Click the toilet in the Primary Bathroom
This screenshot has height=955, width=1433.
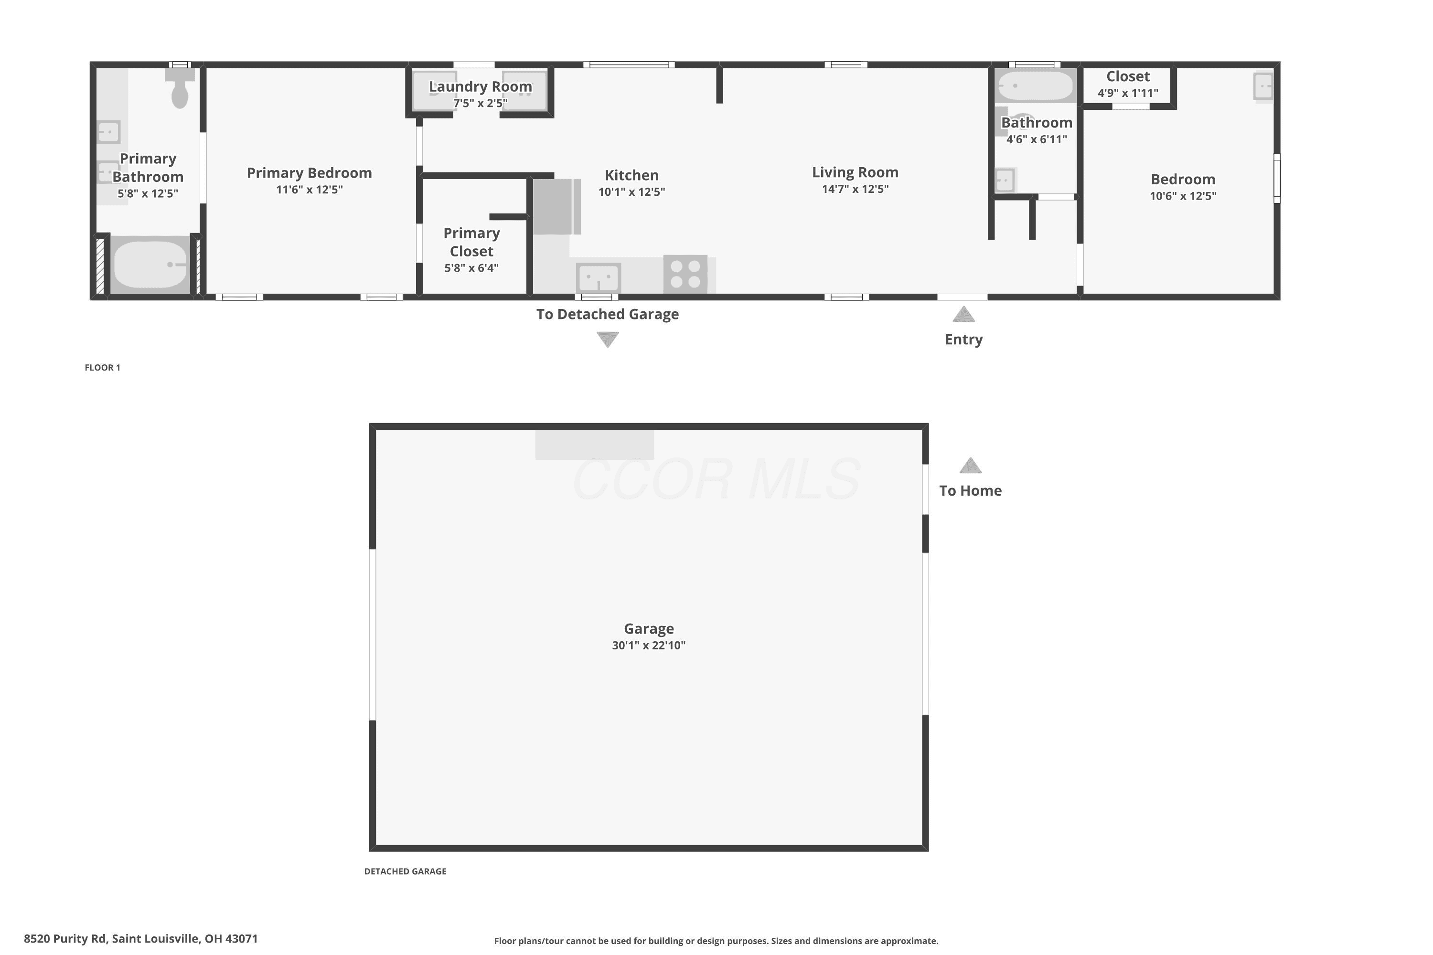pyautogui.click(x=180, y=88)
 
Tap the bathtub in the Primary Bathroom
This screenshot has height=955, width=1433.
pyautogui.click(x=150, y=265)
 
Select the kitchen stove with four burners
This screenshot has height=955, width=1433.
pyautogui.click(x=685, y=274)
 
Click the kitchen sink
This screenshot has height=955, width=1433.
pyautogui.click(x=599, y=278)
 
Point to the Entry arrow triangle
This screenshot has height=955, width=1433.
pyautogui.click(x=963, y=314)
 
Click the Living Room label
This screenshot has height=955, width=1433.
pyautogui.click(x=855, y=172)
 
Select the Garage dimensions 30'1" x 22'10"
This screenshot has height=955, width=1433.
pyautogui.click(x=649, y=645)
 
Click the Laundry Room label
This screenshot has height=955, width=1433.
pyautogui.click(x=480, y=86)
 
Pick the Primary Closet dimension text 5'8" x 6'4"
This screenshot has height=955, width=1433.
pyautogui.click(x=471, y=268)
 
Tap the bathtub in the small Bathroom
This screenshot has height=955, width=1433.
pyautogui.click(x=1035, y=86)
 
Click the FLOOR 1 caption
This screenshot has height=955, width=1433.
pyautogui.click(x=102, y=367)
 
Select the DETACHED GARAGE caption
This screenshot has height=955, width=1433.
pyautogui.click(x=405, y=871)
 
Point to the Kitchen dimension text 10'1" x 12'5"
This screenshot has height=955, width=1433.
pyautogui.click(x=632, y=192)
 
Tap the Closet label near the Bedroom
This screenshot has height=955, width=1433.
pyautogui.click(x=1128, y=76)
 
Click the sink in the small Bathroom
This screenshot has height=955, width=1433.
pyautogui.click(x=1005, y=180)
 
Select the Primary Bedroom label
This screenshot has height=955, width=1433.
pyautogui.click(x=310, y=173)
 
